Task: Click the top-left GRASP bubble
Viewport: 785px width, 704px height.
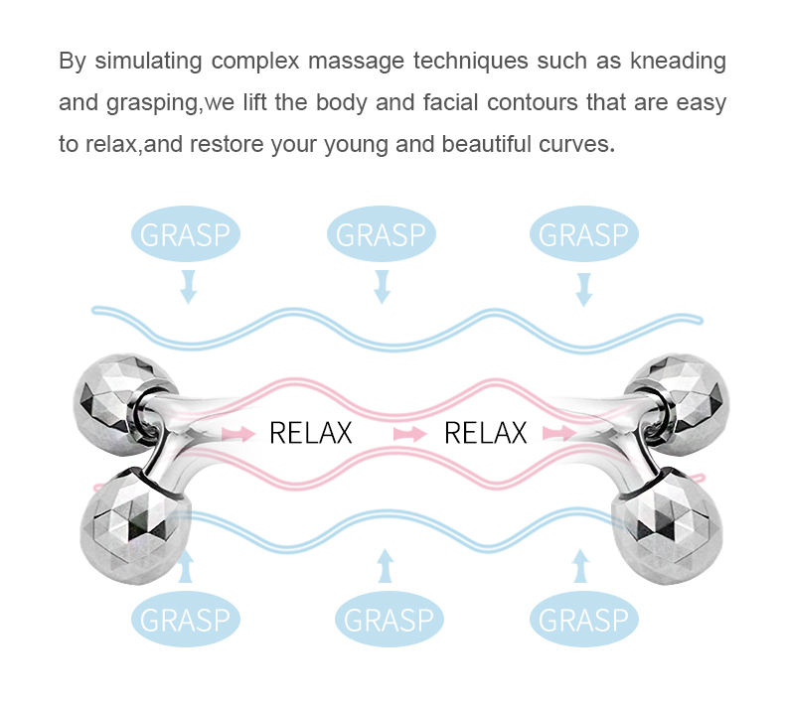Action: (x=186, y=235)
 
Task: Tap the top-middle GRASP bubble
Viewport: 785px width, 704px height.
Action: (x=381, y=235)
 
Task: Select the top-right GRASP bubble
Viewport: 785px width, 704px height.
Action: (x=583, y=235)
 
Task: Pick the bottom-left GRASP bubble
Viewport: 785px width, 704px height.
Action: (x=186, y=620)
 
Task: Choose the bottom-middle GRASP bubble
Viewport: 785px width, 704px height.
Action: (x=388, y=620)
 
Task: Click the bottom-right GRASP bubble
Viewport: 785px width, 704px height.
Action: (x=583, y=620)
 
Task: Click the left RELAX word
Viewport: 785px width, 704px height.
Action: (x=311, y=433)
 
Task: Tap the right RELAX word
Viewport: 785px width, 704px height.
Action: (x=485, y=433)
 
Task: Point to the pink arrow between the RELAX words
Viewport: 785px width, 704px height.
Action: (x=408, y=434)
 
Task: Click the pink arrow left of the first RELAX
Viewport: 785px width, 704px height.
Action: (x=238, y=434)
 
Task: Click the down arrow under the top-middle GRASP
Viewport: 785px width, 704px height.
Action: (x=382, y=287)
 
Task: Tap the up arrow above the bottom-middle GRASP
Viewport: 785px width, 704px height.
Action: (x=386, y=568)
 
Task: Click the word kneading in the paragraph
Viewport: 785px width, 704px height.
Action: (x=676, y=61)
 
